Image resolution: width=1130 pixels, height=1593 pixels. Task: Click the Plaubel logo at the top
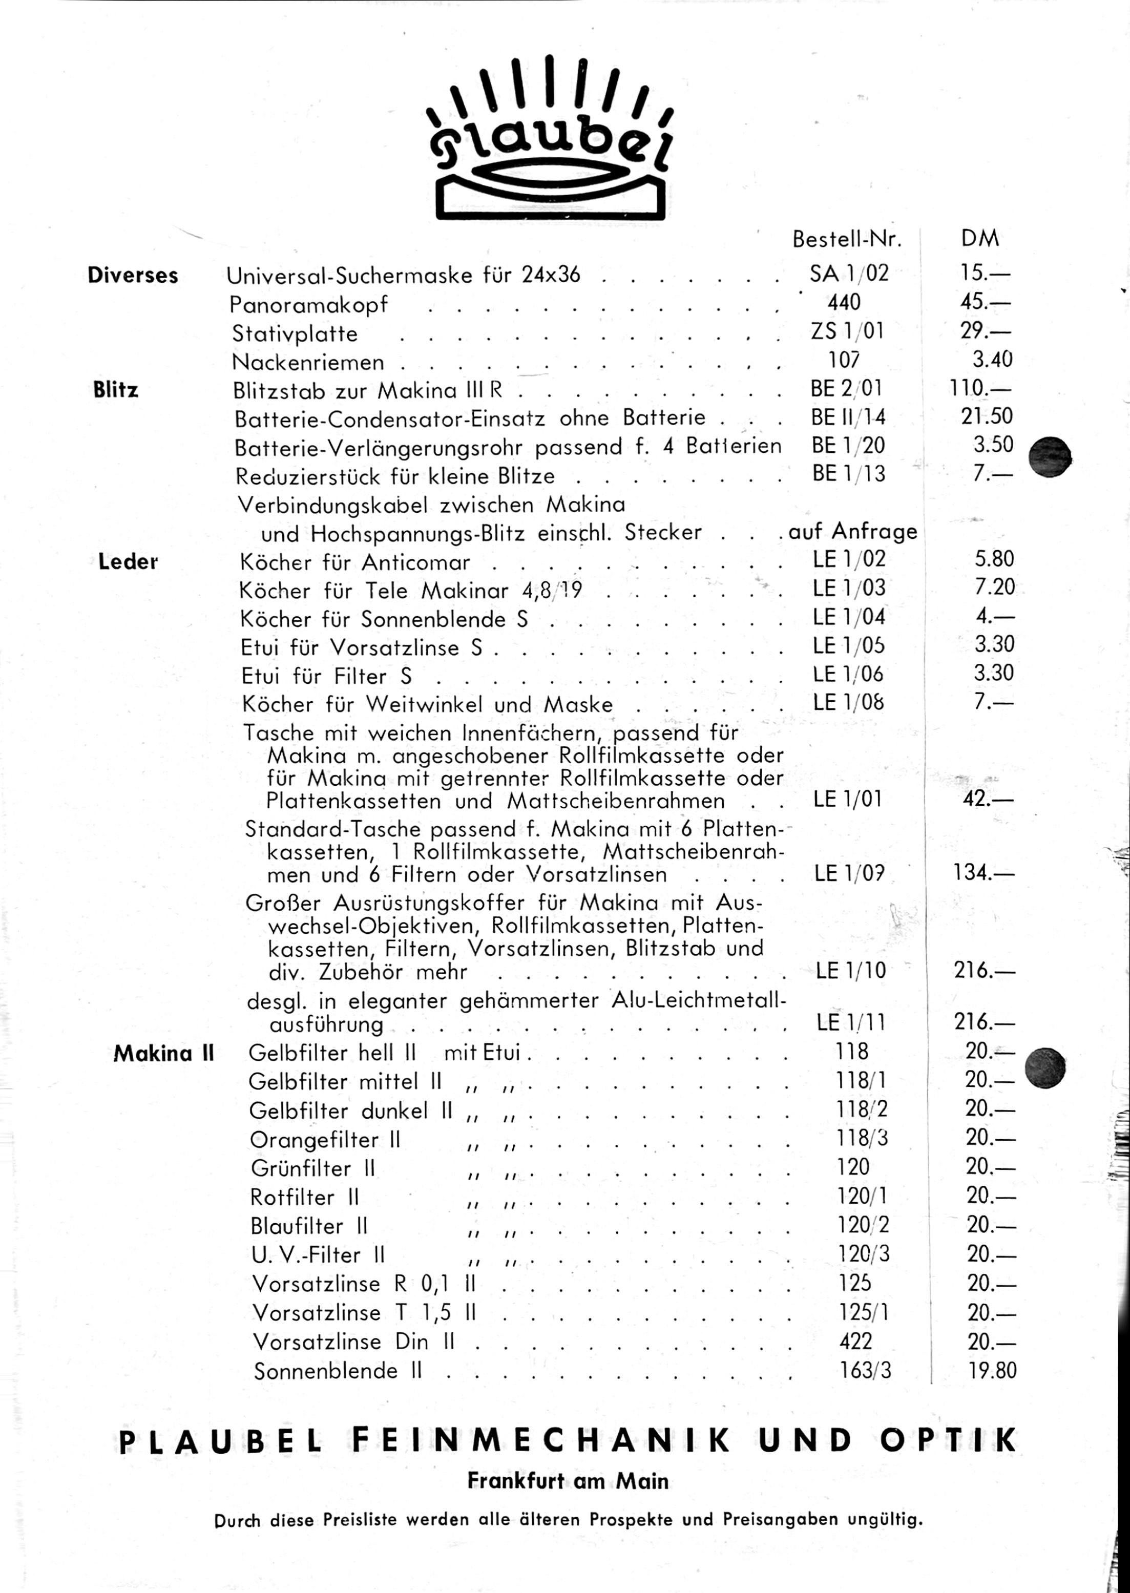coord(550,139)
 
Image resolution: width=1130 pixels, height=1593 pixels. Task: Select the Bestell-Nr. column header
coord(847,239)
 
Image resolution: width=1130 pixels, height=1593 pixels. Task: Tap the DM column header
coord(980,239)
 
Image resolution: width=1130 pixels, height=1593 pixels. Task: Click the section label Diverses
coord(133,276)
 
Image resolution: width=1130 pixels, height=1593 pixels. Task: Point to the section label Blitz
coord(115,390)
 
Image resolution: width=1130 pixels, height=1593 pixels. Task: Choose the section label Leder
coord(128,561)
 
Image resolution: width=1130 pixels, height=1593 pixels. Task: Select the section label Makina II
coord(163,1053)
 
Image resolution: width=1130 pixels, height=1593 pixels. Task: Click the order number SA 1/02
coord(849,274)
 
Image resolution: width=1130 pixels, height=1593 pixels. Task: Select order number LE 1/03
coord(849,588)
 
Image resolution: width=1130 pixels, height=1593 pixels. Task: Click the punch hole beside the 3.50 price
coord(1050,457)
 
